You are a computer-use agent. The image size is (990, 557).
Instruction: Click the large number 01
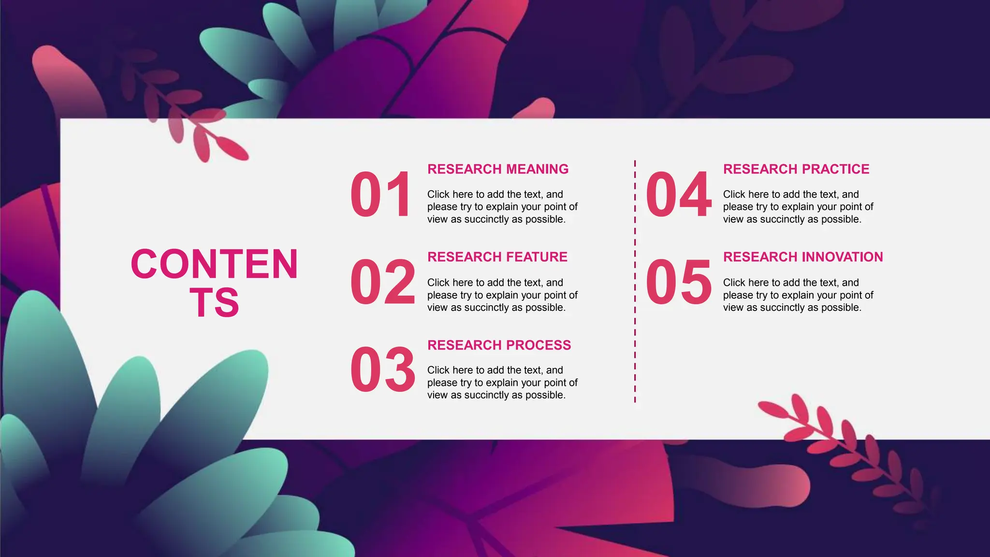pyautogui.click(x=380, y=194)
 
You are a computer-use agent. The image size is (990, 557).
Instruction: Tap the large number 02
pyautogui.click(x=382, y=282)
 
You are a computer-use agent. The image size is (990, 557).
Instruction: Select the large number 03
pyautogui.click(x=382, y=369)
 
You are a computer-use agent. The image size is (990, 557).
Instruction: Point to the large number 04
pyautogui.click(x=678, y=194)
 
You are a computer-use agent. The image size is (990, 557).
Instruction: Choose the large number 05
pyautogui.click(x=678, y=282)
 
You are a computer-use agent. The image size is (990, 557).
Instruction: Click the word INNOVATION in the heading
pyautogui.click(x=836, y=257)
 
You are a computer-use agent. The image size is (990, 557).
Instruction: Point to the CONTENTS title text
pyautogui.click(x=214, y=283)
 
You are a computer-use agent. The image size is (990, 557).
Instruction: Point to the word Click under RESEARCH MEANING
pyautogui.click(x=438, y=194)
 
